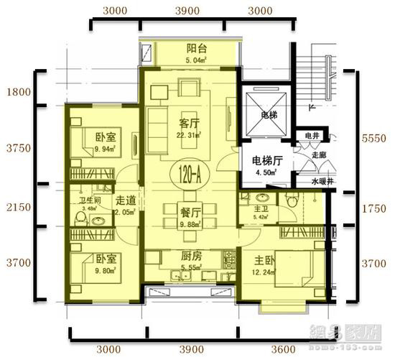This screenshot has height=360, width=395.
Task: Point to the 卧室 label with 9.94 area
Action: point(107,137)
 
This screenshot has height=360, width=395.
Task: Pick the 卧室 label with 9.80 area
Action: point(106,259)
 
